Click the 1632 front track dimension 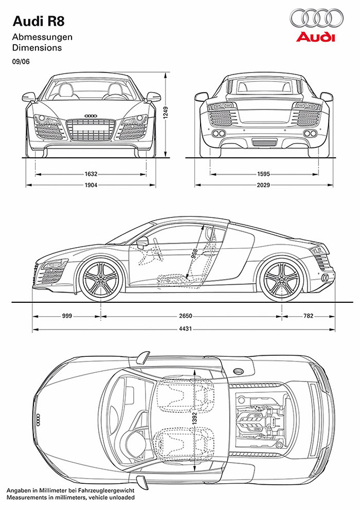pos(91,174)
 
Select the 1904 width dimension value pos(91,185)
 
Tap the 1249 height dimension pos(166,113)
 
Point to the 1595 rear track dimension pos(263,174)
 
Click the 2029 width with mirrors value pos(263,185)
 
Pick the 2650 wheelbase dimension pos(186,316)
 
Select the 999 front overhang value pos(67,316)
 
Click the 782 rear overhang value pos(308,316)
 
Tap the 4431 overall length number pos(186,329)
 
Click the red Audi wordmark pos(315,37)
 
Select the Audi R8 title pos(39,22)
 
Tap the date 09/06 pos(21,62)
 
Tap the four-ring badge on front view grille pos(91,116)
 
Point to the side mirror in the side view pos(142,242)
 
